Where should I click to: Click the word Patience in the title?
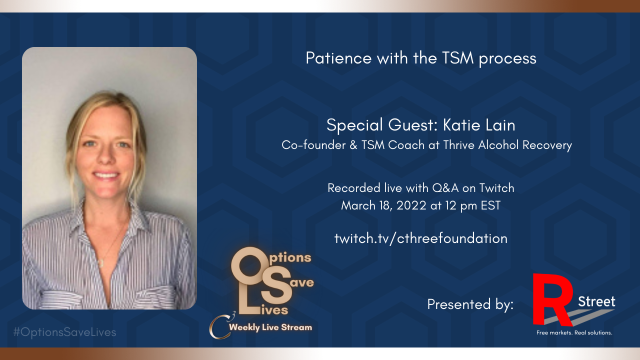click(x=338, y=58)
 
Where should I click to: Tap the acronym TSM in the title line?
click(x=457, y=58)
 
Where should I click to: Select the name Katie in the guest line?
click(x=461, y=125)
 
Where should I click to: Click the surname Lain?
click(x=501, y=125)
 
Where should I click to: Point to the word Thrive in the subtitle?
click(x=459, y=145)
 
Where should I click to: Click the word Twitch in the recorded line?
click(x=497, y=188)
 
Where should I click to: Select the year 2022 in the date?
click(x=411, y=205)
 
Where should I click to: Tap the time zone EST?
click(x=491, y=205)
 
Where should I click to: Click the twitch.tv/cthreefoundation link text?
click(x=421, y=238)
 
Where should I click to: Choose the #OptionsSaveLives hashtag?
click(x=65, y=332)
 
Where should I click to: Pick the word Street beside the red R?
click(x=596, y=301)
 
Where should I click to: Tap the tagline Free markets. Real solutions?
click(x=574, y=332)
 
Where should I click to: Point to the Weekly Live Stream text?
click(x=270, y=327)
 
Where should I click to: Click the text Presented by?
click(x=470, y=304)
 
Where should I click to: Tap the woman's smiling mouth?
click(x=106, y=175)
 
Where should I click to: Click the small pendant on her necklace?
click(x=101, y=263)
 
